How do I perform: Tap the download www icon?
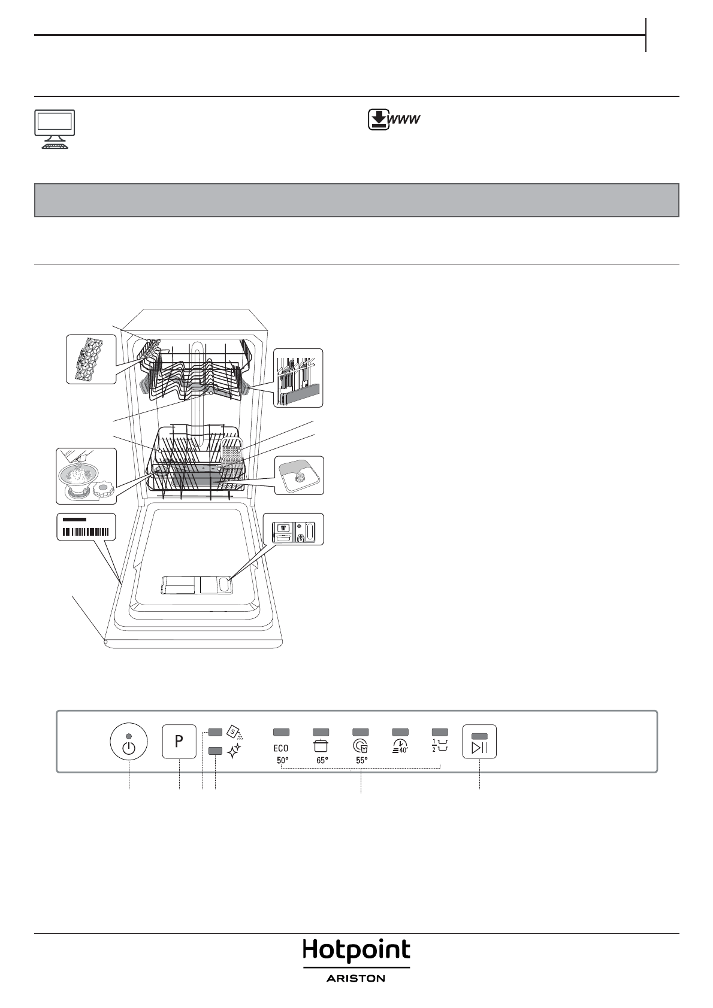tap(393, 120)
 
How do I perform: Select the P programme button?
tap(179, 741)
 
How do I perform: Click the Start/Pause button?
tap(479, 742)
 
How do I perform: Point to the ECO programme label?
tap(281, 748)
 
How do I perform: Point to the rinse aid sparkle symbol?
tap(234, 749)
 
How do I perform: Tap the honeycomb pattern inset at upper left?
tap(91, 359)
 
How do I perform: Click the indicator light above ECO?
tap(281, 731)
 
